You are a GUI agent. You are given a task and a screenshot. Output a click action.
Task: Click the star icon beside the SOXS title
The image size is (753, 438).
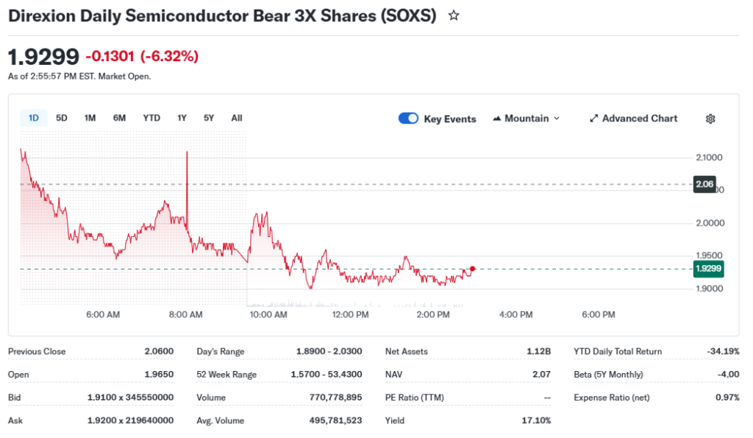454,15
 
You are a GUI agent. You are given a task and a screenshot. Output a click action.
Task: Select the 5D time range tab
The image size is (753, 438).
62,118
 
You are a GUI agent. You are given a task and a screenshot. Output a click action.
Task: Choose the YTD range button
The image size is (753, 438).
151,118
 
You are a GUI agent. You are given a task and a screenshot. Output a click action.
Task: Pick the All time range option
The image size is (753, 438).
237,118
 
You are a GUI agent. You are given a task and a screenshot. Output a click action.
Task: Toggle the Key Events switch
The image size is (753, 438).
408,119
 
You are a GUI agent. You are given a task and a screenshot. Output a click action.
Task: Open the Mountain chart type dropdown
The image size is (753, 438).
526,119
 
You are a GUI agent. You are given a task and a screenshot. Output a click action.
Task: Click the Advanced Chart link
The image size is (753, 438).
633,119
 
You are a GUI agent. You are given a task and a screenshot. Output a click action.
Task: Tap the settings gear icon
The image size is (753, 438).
710,119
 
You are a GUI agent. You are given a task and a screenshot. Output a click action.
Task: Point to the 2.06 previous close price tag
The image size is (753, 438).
704,184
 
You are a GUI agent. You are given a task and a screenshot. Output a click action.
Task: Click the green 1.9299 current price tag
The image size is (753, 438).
708,269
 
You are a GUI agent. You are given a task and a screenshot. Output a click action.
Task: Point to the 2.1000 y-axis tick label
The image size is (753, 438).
710,158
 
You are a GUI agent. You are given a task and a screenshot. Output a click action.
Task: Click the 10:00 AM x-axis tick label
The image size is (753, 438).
268,315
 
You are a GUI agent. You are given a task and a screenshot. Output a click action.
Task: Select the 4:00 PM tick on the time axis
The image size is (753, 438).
515,315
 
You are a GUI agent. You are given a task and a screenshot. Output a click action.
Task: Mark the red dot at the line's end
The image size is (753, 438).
472,269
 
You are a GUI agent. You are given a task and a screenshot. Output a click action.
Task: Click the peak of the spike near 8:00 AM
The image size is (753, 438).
188,152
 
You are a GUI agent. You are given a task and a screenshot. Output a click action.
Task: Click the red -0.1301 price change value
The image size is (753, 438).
110,57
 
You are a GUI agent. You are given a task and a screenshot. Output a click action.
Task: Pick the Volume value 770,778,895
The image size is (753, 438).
336,398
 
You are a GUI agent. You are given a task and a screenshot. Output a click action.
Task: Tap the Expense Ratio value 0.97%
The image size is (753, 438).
727,398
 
